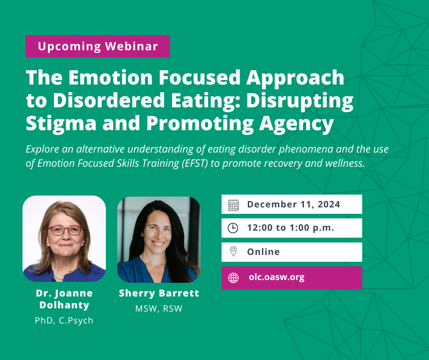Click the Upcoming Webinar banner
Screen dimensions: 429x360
point(98,46)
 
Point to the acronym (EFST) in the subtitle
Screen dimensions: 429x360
point(196,163)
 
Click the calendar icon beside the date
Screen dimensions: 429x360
point(233,205)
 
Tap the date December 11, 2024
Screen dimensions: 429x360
point(293,204)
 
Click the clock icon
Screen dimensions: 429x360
point(233,228)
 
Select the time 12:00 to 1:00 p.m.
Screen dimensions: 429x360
point(291,228)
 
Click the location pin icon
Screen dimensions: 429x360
point(233,251)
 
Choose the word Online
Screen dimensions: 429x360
point(263,252)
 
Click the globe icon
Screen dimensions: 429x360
point(233,278)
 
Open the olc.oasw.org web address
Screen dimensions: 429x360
point(277,277)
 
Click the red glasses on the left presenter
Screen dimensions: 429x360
point(66,230)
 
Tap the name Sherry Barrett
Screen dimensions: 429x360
point(159,293)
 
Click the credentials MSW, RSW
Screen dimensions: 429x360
point(159,309)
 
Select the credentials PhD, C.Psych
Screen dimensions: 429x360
point(64,321)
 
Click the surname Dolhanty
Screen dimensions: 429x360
point(64,305)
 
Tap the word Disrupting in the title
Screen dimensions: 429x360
point(300,101)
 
